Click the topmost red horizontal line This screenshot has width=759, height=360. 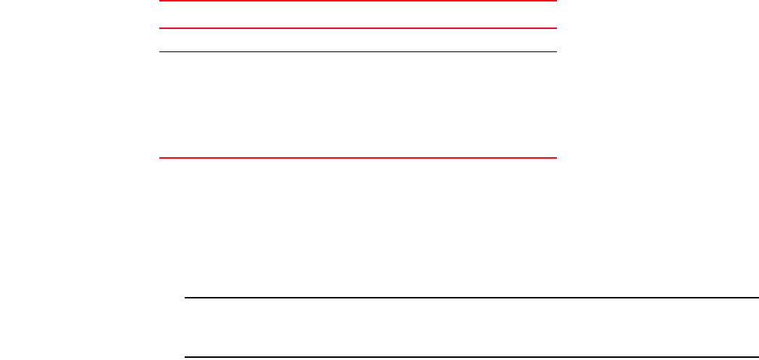click(x=358, y=1)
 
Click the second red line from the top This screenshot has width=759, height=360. click(x=358, y=28)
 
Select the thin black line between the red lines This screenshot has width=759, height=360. click(x=358, y=51)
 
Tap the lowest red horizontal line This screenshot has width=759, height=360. click(x=358, y=157)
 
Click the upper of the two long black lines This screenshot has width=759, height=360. click(x=471, y=298)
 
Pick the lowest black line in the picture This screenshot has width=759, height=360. click(x=471, y=357)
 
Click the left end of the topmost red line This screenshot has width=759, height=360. click(x=160, y=1)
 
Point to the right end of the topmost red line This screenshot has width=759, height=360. click(x=555, y=1)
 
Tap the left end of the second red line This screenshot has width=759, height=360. click(x=160, y=28)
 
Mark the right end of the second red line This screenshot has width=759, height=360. click(x=555, y=28)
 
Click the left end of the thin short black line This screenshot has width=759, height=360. click(x=160, y=51)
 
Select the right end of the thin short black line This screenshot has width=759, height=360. click(x=555, y=51)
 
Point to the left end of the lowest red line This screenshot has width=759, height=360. click(x=160, y=157)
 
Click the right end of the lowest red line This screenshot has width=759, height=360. click(x=555, y=157)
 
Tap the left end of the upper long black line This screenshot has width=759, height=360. click(x=186, y=298)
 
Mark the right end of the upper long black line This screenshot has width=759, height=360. click(x=757, y=298)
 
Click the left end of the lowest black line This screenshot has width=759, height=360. click(x=186, y=357)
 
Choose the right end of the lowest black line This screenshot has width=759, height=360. click(x=757, y=357)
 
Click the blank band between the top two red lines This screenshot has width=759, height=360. click(x=358, y=15)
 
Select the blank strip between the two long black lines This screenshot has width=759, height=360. click(x=471, y=327)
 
